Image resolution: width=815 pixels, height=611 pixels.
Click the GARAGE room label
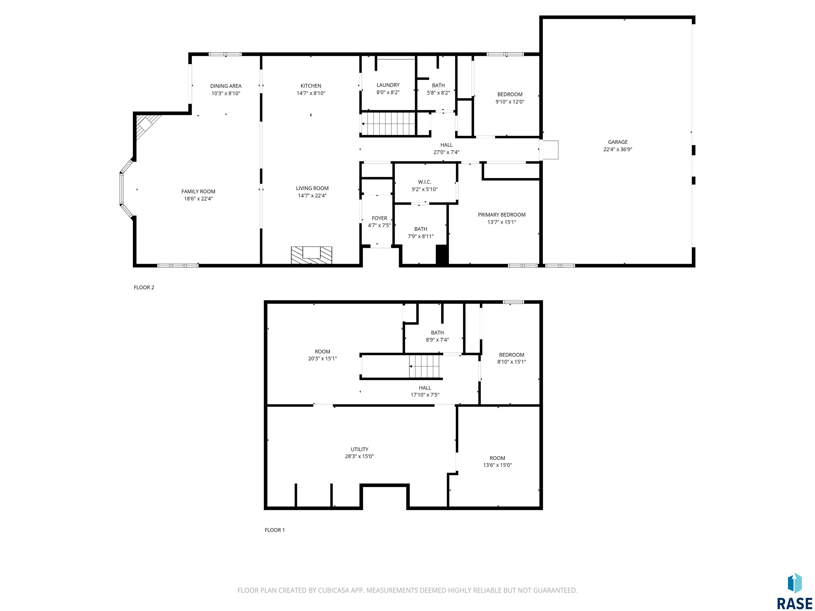click(618, 142)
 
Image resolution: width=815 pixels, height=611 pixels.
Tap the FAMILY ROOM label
click(198, 191)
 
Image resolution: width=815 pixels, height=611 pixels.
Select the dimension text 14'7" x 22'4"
click(312, 195)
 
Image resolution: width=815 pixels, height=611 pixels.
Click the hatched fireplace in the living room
click(311, 255)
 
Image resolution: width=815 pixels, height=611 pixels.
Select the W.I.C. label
click(424, 182)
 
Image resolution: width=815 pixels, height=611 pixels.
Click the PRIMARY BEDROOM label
click(501, 215)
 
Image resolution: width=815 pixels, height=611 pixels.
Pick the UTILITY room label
click(359, 449)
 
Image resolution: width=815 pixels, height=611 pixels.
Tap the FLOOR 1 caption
click(275, 530)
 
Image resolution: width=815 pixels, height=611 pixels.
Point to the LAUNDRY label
click(388, 85)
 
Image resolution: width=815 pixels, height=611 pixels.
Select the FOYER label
click(379, 219)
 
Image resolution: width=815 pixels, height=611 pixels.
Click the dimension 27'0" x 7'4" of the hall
click(446, 152)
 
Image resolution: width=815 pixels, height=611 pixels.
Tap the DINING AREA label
click(226, 86)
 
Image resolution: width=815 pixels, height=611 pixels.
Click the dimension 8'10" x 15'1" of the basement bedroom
click(511, 362)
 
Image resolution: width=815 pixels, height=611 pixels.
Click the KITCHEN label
click(311, 86)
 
